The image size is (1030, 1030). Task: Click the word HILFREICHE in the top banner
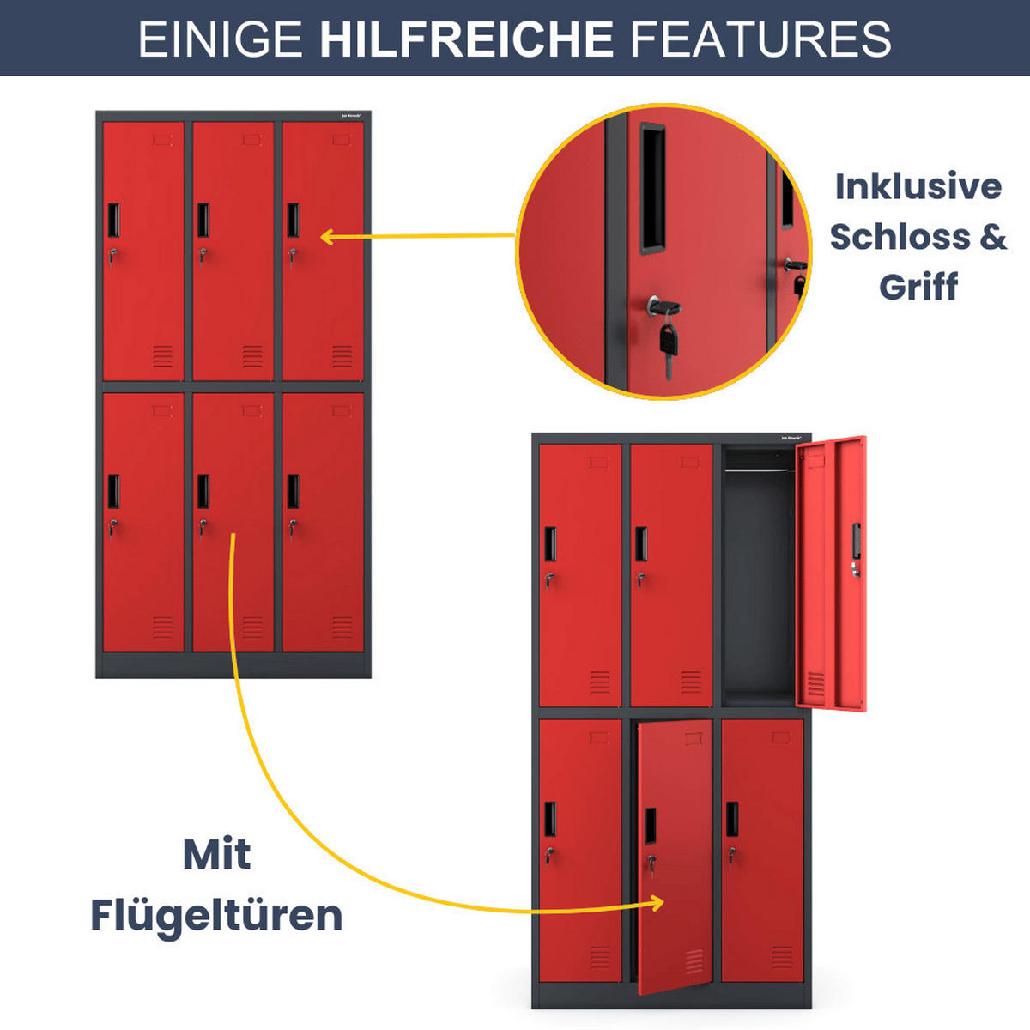[466, 39]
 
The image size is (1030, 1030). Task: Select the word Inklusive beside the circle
[918, 186]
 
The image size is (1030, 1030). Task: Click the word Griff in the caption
[918, 287]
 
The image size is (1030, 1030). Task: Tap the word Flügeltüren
[216, 915]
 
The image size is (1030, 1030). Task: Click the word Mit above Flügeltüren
[216, 854]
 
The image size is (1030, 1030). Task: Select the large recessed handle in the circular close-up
[652, 189]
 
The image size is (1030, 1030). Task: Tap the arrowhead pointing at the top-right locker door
[326, 237]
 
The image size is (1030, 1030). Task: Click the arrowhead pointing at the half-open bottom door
[657, 902]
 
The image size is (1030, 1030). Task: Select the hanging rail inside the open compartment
[760, 469]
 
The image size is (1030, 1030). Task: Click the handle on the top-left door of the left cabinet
[113, 221]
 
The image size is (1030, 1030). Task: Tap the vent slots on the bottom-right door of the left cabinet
[342, 627]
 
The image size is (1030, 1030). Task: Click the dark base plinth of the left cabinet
[233, 665]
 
